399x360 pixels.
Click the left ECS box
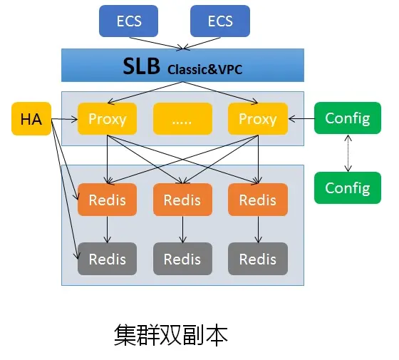128,21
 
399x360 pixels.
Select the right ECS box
220,21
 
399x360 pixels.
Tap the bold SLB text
142,66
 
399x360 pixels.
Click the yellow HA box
31,119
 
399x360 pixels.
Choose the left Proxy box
107,119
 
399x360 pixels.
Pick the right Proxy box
257,119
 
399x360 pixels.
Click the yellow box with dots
182,119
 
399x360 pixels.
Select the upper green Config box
348,118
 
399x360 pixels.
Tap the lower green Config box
348,187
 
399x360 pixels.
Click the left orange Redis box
107,200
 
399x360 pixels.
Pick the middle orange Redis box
182,200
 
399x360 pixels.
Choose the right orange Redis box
257,200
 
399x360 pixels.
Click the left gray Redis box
107,259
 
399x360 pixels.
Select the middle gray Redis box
182,259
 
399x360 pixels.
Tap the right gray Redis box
257,259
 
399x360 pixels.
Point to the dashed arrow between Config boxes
348,153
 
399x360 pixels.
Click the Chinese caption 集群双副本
171,334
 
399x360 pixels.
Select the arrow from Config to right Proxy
301,119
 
